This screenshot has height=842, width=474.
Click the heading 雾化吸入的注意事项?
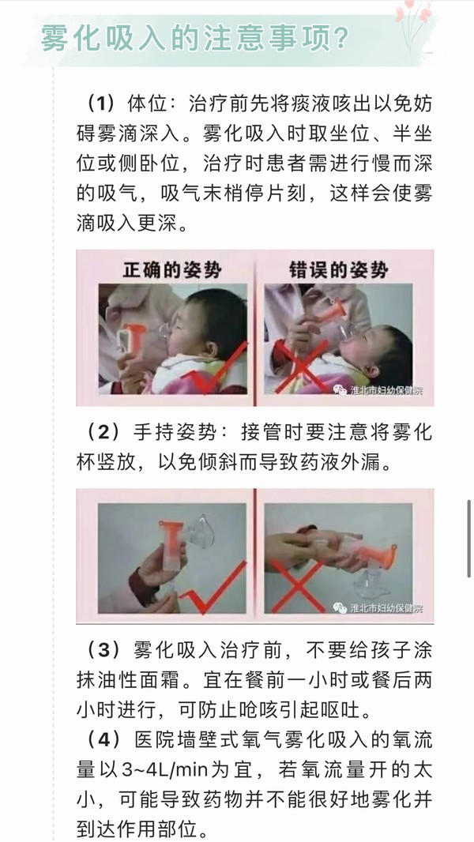pos(195,39)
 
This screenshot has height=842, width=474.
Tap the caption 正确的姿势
pos(171,269)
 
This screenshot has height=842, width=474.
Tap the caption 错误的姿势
pos(338,269)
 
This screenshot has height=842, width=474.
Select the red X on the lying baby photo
pos(303,365)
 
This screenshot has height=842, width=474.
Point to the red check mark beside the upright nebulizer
pos(213,588)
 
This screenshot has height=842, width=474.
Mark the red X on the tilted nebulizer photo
pos(299,586)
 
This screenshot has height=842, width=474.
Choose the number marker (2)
pos(101,433)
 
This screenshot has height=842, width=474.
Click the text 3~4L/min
pos(160,771)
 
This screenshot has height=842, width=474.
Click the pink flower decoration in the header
pos(414,21)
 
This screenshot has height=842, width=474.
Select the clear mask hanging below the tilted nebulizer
pos(373,582)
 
